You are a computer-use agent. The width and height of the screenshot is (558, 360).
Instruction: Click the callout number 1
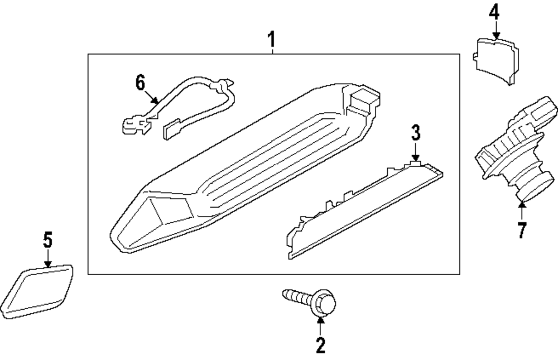(x=271, y=40)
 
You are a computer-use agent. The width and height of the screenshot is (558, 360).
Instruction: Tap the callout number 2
(x=320, y=345)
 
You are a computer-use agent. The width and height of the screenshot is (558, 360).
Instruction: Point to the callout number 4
(x=494, y=12)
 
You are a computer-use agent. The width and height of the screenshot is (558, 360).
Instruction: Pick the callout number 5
(x=48, y=241)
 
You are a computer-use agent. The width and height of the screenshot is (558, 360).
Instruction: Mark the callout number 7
(x=522, y=231)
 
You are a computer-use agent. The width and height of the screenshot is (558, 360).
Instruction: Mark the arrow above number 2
(x=320, y=325)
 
